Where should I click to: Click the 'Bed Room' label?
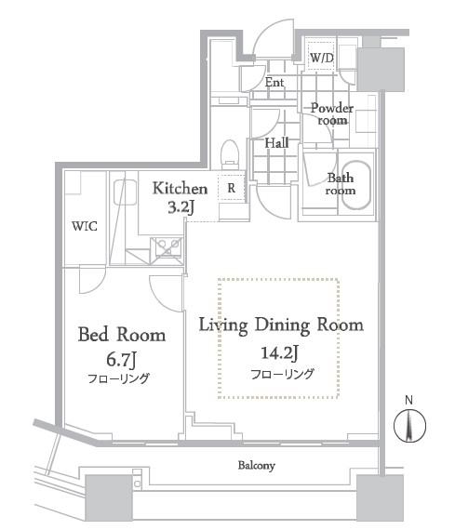click(x=122, y=335)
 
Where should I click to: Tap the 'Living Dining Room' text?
click(x=281, y=325)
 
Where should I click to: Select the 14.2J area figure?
click(x=279, y=353)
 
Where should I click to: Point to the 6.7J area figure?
click(x=122, y=360)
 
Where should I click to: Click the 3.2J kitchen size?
click(x=181, y=207)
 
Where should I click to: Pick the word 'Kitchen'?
click(x=180, y=189)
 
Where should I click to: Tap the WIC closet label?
click(x=85, y=226)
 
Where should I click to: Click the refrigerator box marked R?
click(x=232, y=188)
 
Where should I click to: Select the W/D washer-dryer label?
click(x=322, y=58)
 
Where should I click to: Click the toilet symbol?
click(x=230, y=154)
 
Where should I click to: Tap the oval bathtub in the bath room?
click(x=355, y=186)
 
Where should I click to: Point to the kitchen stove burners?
click(x=167, y=247)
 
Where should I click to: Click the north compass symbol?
click(x=409, y=426)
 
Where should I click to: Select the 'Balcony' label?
click(x=257, y=466)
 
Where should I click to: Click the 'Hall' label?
click(x=276, y=143)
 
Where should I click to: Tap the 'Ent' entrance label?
click(x=274, y=82)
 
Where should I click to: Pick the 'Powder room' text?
click(x=332, y=114)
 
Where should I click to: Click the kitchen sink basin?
click(x=126, y=192)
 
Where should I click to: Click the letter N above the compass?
click(x=408, y=400)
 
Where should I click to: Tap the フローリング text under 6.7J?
click(x=118, y=378)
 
